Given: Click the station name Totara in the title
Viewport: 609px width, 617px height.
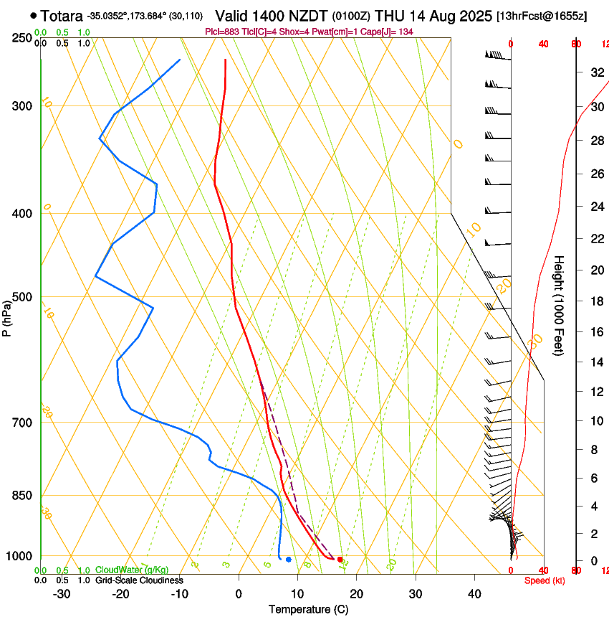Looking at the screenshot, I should coord(62,15).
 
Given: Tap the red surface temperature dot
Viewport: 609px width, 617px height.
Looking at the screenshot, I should coord(340,559).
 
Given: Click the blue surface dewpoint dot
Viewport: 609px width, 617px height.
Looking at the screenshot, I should coord(288,559).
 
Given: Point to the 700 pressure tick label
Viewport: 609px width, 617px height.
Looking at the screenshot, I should coord(23,423).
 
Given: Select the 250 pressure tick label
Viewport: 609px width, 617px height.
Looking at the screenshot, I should coord(23,38).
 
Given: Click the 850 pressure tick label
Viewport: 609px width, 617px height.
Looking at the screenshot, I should coord(23,496).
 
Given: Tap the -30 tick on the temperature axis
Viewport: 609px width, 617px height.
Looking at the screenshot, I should coord(62,594).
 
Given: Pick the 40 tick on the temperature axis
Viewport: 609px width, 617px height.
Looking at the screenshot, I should coord(474,594).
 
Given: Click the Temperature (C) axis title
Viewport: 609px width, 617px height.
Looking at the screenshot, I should coord(308,610).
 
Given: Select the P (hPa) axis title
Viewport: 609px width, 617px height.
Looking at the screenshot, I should coord(7,316).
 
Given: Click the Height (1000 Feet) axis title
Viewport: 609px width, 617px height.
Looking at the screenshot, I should coord(559,305).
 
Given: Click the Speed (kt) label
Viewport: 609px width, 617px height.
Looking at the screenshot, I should coord(545,580).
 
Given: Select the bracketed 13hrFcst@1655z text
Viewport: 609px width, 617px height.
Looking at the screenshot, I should coord(541,15).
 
